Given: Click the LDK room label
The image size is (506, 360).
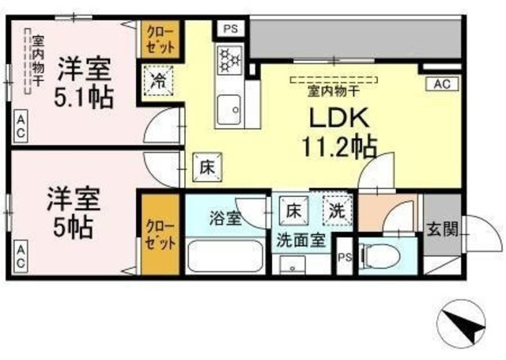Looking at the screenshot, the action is point(339,118).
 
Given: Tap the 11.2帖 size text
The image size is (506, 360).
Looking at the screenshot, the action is point(339,146).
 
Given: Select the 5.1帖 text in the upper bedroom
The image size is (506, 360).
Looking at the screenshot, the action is point(84,97).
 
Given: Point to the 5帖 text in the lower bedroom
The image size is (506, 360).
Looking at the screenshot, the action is point(74,227).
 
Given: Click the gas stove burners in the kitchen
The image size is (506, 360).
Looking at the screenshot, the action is point(229,59).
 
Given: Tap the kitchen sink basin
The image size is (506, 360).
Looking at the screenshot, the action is point(228,110).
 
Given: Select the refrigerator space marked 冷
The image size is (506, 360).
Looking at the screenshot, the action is point(158,81).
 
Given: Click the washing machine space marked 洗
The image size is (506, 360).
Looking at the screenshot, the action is point(337,210).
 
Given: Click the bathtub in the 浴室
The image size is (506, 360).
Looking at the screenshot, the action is point(225,256).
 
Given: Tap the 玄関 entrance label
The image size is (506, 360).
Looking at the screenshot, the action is point(443,230).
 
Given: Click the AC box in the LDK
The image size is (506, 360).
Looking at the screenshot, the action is point(442,84).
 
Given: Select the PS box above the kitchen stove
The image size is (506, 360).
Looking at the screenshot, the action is point(231,28).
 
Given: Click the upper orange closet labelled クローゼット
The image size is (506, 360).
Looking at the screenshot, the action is point(160,40).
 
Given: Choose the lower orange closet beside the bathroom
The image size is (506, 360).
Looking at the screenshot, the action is point(160,234).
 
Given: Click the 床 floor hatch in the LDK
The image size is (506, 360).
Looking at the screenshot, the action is point(207,167).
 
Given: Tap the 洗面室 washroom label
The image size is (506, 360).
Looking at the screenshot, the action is point(300,241).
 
